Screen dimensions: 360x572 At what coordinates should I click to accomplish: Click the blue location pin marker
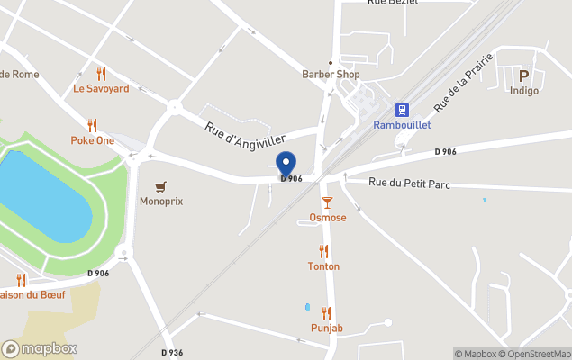point(286,165)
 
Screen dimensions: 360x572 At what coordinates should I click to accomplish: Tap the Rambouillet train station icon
point(402,110)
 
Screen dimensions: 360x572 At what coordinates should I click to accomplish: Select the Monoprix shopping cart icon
point(160,186)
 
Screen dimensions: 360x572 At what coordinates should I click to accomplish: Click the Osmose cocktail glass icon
point(327,202)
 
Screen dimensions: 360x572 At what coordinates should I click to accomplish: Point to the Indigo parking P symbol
point(523,76)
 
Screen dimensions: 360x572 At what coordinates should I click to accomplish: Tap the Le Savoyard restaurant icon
point(101,74)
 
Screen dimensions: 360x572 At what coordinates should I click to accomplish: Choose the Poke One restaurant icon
point(92,125)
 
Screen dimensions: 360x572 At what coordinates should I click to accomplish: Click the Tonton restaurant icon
point(323,251)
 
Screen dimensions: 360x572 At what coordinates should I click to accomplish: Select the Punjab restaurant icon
point(326,312)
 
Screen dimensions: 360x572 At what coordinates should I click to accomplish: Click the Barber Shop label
point(331,75)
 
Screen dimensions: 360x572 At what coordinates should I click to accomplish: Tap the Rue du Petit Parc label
point(410,184)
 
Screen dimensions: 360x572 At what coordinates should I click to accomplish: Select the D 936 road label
point(172,352)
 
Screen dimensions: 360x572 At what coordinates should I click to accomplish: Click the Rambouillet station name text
point(402,126)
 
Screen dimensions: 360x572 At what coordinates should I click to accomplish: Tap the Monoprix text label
point(161,202)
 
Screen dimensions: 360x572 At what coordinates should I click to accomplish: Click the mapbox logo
point(40,348)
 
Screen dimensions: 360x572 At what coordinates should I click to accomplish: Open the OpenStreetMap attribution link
point(539,354)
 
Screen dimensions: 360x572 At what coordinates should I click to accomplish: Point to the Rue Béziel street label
point(393,3)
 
